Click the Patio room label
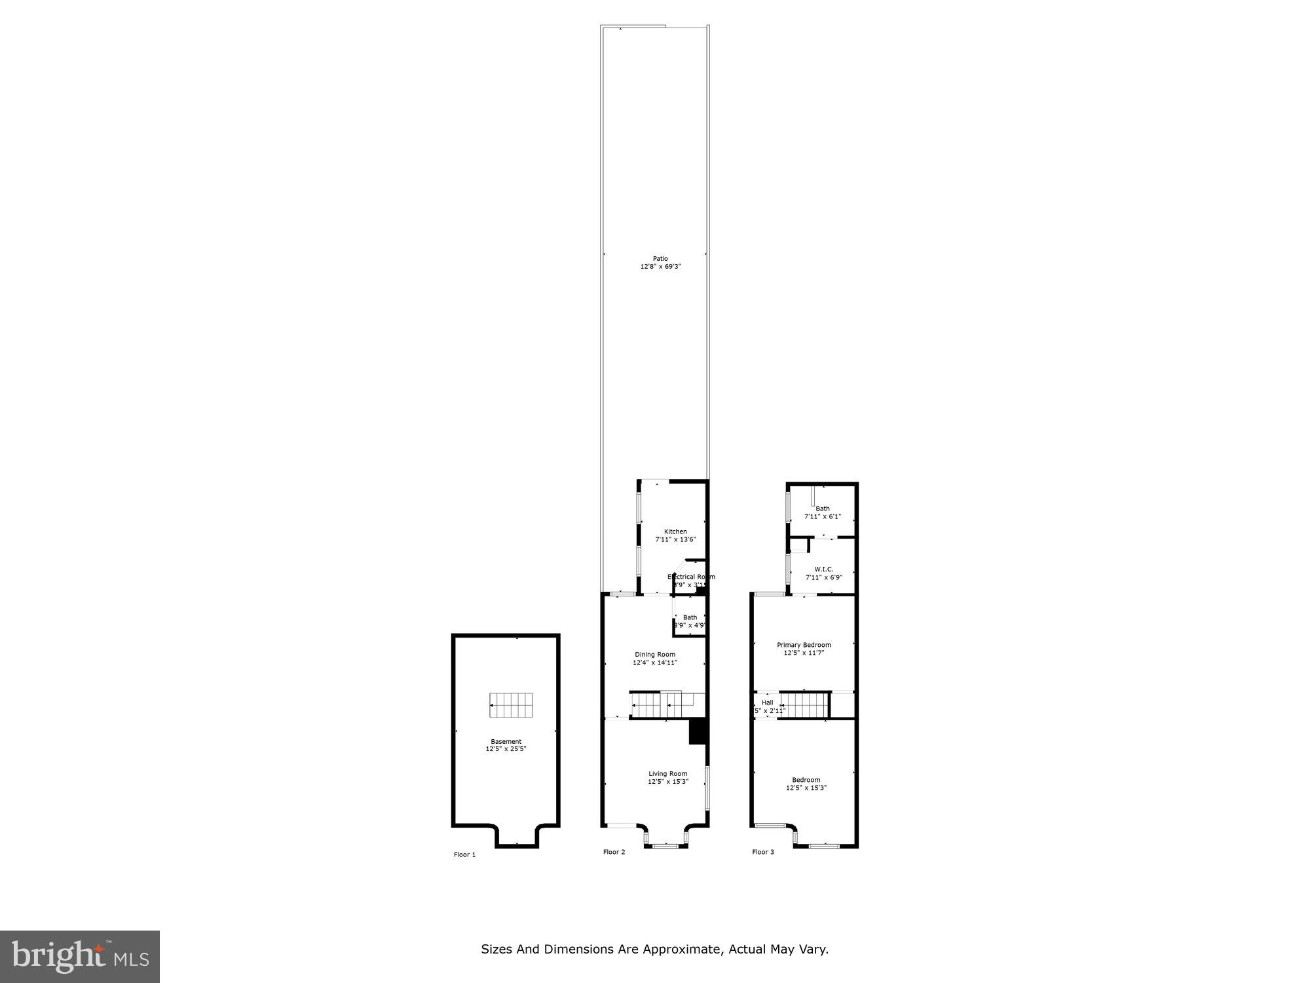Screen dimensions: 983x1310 click(660, 258)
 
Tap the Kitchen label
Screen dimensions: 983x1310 click(675, 531)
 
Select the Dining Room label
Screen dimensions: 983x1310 click(654, 655)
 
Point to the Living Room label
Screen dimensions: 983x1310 click(668, 774)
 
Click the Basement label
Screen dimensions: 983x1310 click(506, 742)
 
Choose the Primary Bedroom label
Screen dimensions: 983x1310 click(804, 645)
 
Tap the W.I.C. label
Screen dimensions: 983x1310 click(823, 569)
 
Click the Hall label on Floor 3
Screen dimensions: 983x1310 click(767, 703)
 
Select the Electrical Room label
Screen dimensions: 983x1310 click(691, 577)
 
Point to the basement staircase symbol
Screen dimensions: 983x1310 click(511, 705)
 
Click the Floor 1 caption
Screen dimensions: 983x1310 click(464, 855)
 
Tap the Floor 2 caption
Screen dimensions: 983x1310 click(614, 852)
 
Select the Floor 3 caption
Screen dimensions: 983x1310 click(762, 852)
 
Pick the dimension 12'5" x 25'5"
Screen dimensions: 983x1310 click(506, 749)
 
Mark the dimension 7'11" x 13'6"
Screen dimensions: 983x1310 click(675, 539)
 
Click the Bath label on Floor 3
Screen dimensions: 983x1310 click(822, 509)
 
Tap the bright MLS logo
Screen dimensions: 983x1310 click(79, 956)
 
